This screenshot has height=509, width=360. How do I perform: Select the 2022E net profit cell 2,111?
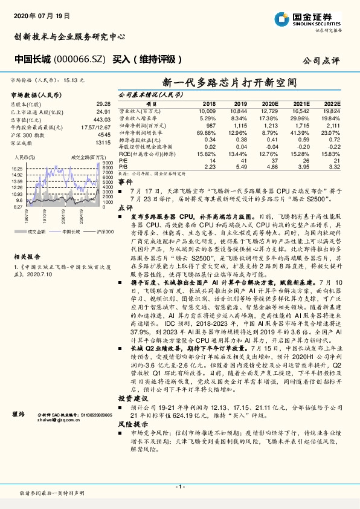coord(333,125)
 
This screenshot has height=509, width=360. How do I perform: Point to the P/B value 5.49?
coord(240,165)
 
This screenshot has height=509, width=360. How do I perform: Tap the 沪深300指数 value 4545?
coord(103,135)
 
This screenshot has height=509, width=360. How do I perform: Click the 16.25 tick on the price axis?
coord(17,169)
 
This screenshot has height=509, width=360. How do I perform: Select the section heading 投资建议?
coord(132,382)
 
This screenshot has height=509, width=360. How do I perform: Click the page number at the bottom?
coord(179,487)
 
